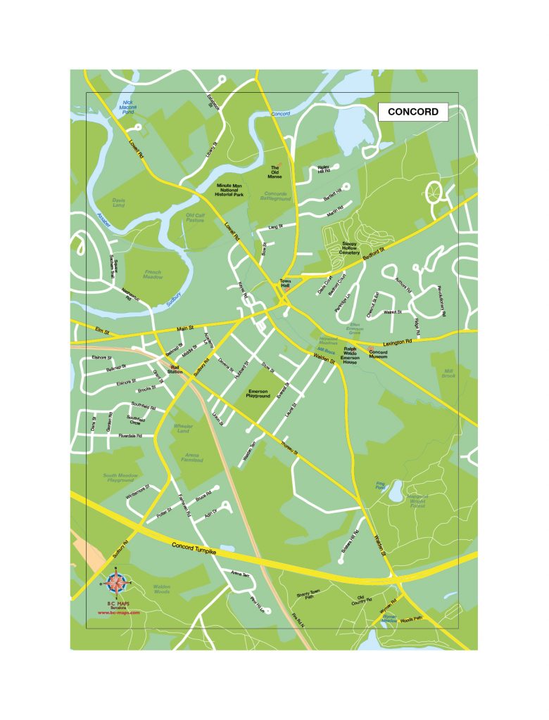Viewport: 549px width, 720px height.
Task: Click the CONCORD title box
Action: click(413, 112)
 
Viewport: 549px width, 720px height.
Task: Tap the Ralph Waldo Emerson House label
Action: click(351, 354)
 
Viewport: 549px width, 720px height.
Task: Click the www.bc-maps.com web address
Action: click(118, 612)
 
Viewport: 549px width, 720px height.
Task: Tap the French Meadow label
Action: click(153, 275)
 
